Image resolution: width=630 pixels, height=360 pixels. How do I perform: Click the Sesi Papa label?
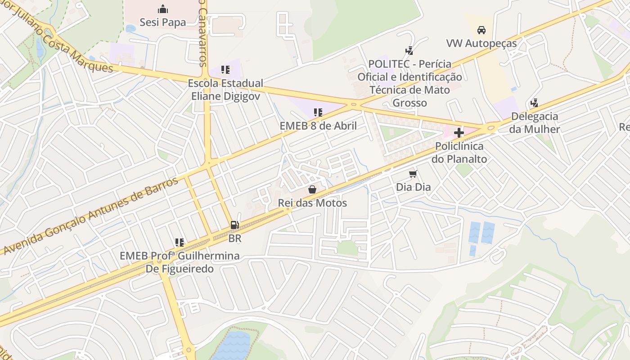162,22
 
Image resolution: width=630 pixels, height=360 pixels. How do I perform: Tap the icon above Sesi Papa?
162,9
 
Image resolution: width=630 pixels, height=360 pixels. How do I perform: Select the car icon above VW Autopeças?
481,30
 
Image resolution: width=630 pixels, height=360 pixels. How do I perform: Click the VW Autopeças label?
481,44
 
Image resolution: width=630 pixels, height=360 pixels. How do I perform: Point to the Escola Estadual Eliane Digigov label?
225,90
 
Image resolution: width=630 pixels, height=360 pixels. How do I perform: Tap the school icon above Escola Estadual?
225,70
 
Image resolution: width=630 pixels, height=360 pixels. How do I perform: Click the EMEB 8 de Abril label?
318,126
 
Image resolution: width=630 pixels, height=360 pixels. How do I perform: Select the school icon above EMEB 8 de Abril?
318,112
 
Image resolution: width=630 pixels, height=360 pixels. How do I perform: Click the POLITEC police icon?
409,50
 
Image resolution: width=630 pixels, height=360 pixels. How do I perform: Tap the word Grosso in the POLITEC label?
409,103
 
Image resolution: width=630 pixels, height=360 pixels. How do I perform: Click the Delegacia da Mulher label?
535,123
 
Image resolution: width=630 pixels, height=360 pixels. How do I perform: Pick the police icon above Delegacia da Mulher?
535,103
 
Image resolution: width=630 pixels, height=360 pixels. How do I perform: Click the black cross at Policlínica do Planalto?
459,133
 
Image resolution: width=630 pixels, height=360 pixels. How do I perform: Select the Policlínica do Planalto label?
459,153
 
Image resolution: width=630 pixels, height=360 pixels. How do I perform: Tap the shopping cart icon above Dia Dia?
413,174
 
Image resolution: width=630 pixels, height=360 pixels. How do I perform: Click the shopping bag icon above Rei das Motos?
312,189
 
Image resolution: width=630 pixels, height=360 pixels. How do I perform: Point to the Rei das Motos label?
312,203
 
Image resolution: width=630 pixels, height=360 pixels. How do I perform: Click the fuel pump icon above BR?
234,225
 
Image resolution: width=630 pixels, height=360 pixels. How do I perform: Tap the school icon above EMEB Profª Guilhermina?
180,243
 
